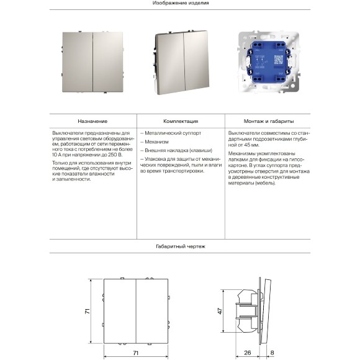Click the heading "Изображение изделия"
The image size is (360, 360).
(x=181, y=3)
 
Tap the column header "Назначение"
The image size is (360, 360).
(x=92, y=121)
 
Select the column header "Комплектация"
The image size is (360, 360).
(x=181, y=121)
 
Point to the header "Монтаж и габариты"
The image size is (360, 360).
(x=269, y=121)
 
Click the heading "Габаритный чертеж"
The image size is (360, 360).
(x=181, y=246)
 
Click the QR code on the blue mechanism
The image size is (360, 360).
(x=279, y=60)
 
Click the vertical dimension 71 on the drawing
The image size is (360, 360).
(x=88, y=312)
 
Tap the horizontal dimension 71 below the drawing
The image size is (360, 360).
(x=136, y=353)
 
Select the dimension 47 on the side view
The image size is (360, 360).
(x=220, y=311)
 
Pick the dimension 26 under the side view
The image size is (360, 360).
(x=248, y=353)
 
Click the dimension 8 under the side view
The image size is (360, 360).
(x=272, y=353)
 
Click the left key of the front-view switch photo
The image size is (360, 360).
(x=78, y=62)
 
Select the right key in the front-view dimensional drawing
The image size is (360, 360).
(x=152, y=311)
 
